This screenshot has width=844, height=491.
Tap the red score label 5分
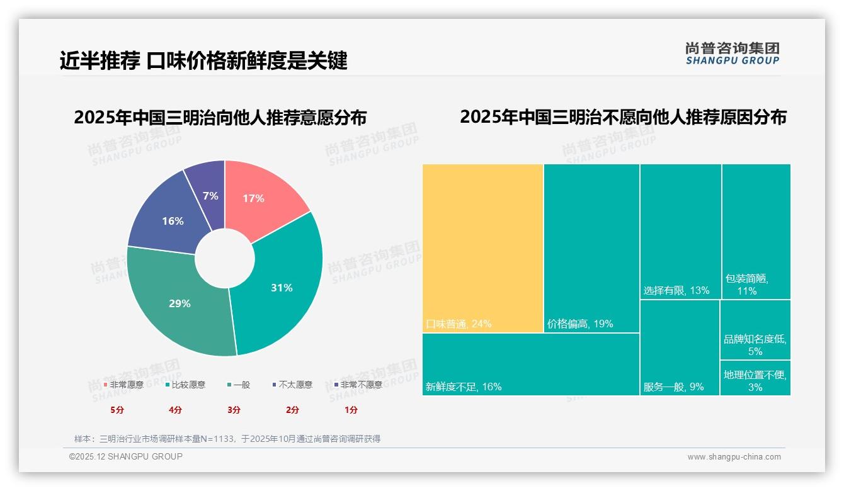117,410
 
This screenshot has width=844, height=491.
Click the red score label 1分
351,410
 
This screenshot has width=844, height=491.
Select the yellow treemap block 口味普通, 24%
482,248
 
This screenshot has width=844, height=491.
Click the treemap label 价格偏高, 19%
579,324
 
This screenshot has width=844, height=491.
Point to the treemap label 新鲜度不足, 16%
464,387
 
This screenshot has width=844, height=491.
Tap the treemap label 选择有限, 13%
676,291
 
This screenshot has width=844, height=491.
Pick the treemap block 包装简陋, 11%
756,232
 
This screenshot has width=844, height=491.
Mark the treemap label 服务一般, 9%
673,387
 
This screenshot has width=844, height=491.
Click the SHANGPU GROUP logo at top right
732,54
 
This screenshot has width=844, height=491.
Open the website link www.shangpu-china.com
734,457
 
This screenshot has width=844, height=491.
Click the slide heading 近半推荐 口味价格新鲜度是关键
203,61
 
